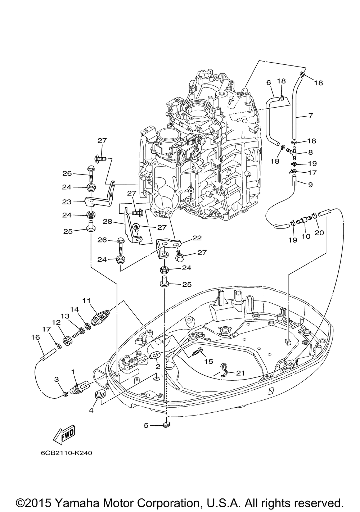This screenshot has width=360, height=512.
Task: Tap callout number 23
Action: [67, 202]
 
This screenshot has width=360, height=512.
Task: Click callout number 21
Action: [240, 373]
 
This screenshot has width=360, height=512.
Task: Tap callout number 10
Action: [306, 236]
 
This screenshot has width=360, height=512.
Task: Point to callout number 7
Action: [310, 115]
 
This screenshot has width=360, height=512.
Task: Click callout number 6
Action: [269, 82]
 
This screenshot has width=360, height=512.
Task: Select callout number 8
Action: [310, 152]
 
